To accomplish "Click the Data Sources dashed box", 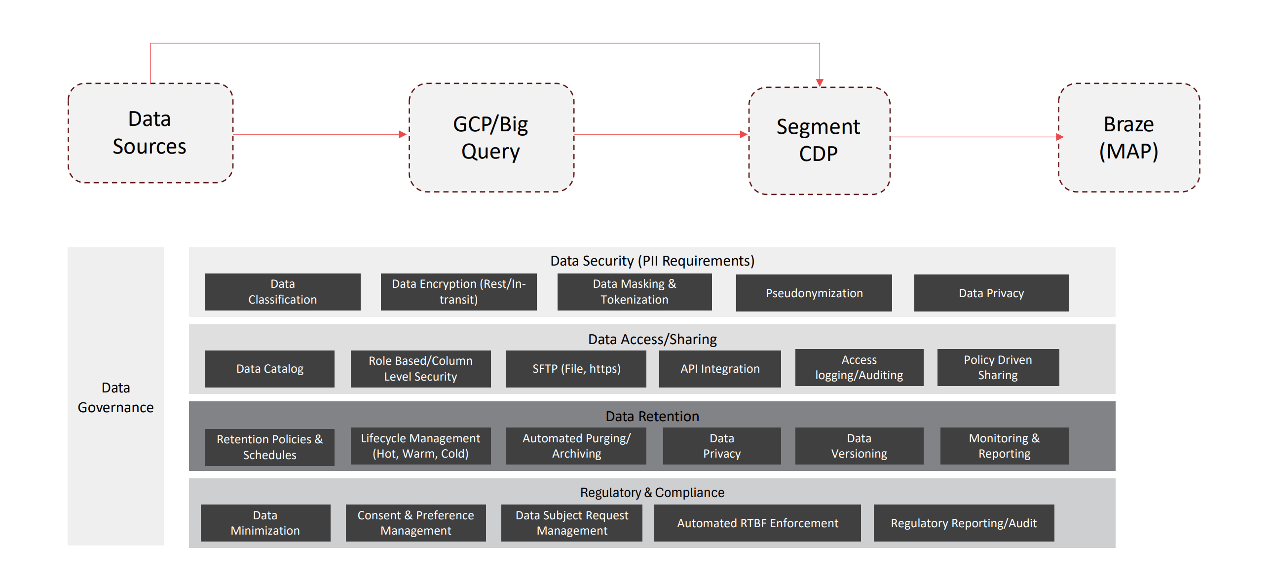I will [150, 133].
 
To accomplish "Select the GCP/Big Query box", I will [490, 138].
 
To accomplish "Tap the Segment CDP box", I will [819, 141].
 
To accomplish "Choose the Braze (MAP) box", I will [1128, 138].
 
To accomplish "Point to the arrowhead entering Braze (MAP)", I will [1059, 137].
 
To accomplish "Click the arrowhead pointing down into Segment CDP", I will [820, 82].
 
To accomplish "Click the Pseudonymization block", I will [814, 293].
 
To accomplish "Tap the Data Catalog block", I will [269, 369].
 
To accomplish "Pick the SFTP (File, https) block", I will [576, 369].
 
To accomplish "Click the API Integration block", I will [719, 369].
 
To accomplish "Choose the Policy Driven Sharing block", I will [998, 367].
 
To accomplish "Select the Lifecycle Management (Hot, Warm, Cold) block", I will [420, 446].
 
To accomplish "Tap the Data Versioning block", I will [859, 446].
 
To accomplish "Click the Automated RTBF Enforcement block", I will [757, 523].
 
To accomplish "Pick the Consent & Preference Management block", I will [415, 523].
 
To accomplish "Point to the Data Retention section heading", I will [652, 416].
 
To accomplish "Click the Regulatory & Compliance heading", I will [652, 493].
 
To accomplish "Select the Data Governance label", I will [115, 397].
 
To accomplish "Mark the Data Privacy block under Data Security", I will [991, 293].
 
